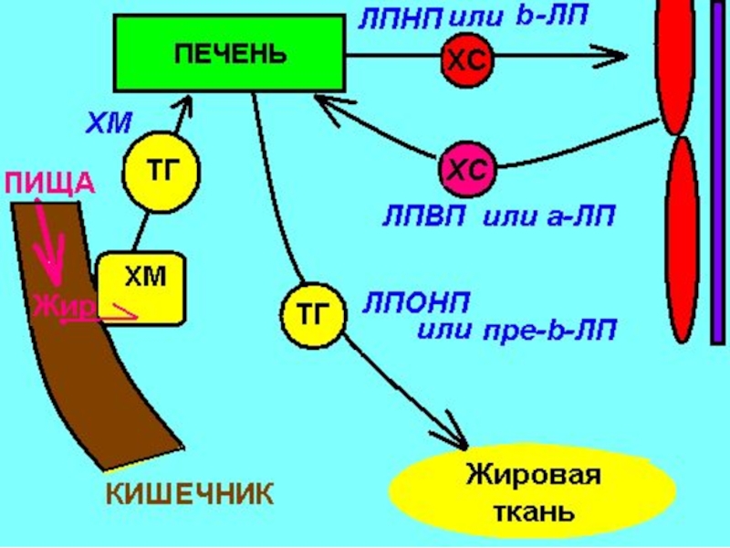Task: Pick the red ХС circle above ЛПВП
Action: click(468, 168)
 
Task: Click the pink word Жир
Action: click(63, 308)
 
